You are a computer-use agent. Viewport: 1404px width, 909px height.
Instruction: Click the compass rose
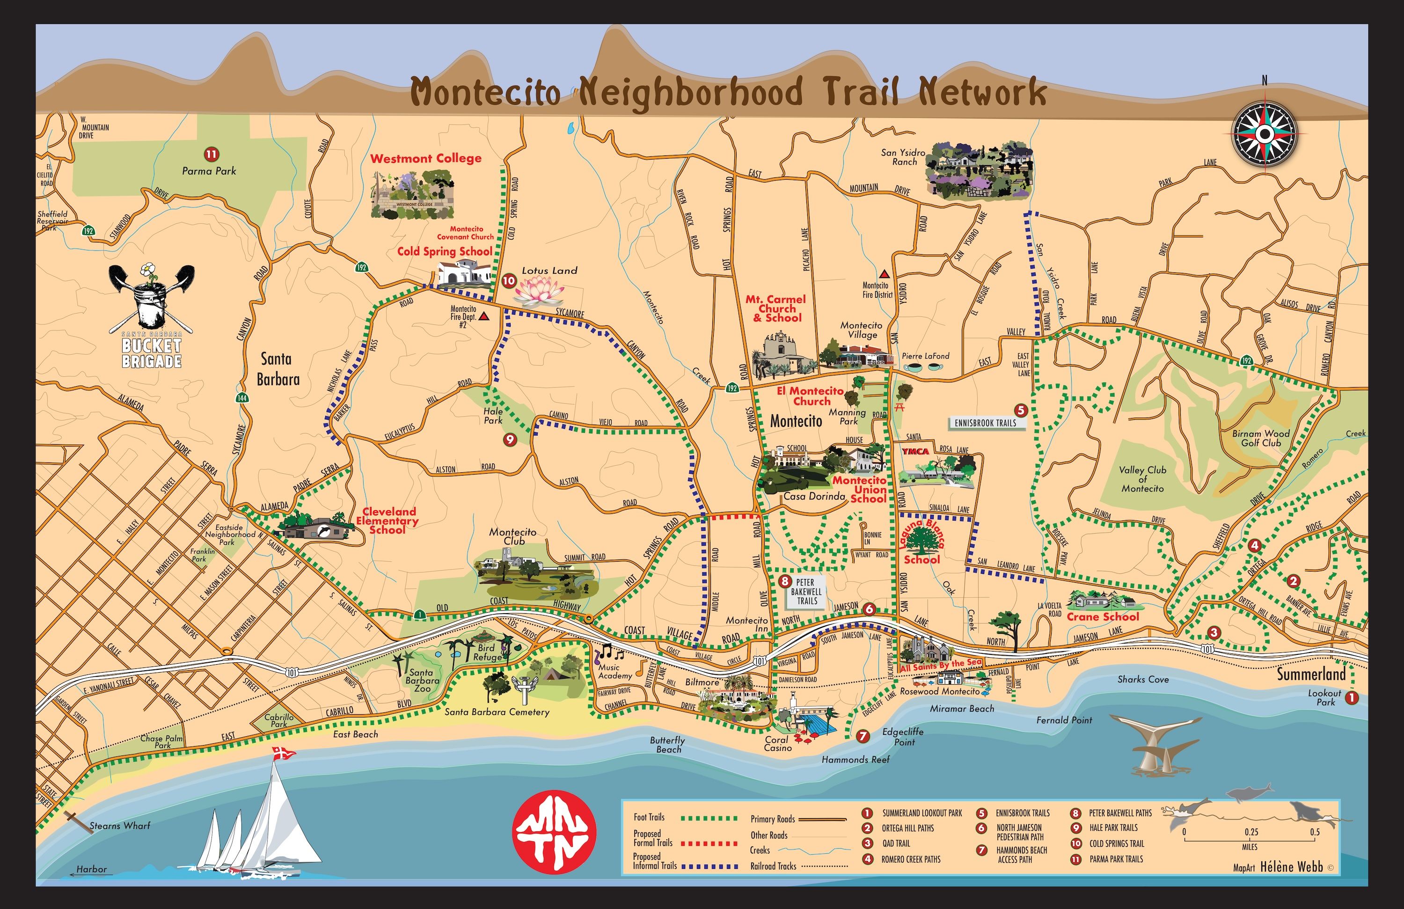(1264, 134)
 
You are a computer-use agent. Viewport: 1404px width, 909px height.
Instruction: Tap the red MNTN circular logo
(554, 832)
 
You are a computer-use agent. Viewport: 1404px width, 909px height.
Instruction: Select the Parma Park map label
(209, 171)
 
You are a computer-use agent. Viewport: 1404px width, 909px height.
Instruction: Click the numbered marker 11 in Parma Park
(211, 154)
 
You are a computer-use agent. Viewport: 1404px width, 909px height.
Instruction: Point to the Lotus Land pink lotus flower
(539, 290)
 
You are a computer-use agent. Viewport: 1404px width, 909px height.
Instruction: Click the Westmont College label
(425, 158)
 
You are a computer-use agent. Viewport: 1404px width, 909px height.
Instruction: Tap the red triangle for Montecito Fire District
(884, 274)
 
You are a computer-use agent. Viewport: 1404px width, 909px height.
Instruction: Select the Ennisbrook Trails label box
(985, 423)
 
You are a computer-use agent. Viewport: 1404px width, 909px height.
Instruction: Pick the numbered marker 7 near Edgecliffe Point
(863, 736)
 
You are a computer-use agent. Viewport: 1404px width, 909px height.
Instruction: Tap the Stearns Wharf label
(120, 826)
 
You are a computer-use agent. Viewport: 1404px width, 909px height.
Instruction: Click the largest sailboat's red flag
(277, 753)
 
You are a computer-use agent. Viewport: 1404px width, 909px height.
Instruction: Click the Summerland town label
(1311, 674)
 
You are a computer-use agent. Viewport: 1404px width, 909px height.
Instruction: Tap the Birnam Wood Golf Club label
(1261, 438)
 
